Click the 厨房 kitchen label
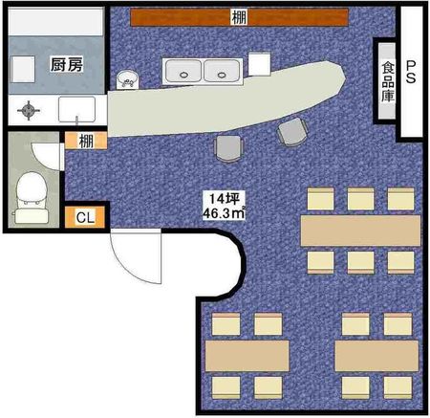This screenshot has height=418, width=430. coord(67,64)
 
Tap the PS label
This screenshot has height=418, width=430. coord(411,73)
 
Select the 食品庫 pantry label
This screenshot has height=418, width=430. coord(388,81)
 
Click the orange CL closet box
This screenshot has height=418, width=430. coord(85,217)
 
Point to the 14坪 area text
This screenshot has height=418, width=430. coord(224,199)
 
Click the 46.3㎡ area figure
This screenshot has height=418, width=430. coord(224,213)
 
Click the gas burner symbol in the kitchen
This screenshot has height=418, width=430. coord(29,111)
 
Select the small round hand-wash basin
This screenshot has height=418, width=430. coord(127,79)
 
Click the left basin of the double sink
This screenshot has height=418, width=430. coord(183,71)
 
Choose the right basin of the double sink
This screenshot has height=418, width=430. coord(222,71)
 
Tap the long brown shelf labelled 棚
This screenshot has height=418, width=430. coord(239,17)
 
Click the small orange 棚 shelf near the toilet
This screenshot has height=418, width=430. coord(86,141)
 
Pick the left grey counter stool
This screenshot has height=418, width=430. coord(228,148)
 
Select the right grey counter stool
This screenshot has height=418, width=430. coord(292,132)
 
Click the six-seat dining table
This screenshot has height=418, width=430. coord(360,231)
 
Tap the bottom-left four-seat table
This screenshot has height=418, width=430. coord(247,356)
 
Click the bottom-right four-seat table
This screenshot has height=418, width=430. coord(376,356)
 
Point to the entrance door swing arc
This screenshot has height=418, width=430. coord(127,271)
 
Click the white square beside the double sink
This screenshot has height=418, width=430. coord(259,64)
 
